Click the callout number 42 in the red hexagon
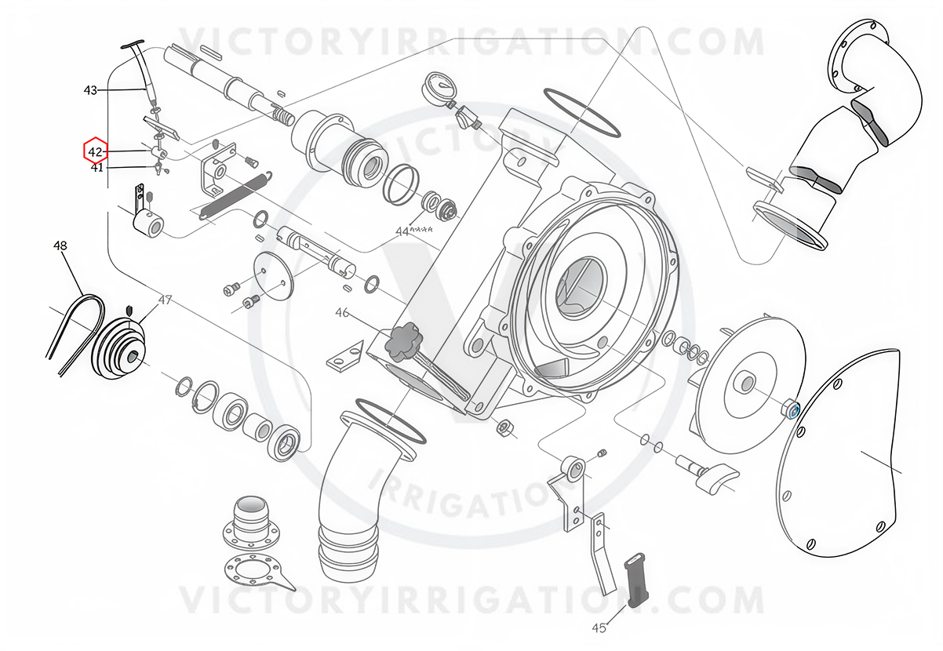tap(95, 151)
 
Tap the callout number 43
tap(90, 90)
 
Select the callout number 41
tap(97, 168)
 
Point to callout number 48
tap(60, 245)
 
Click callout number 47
tap(165, 300)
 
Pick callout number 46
tap(342, 313)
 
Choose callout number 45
tap(599, 628)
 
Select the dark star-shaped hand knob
tap(400, 342)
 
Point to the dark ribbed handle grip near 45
tap(636, 580)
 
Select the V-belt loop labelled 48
tap(76, 333)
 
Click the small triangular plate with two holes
tap(344, 357)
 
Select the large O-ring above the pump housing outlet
tap(582, 113)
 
